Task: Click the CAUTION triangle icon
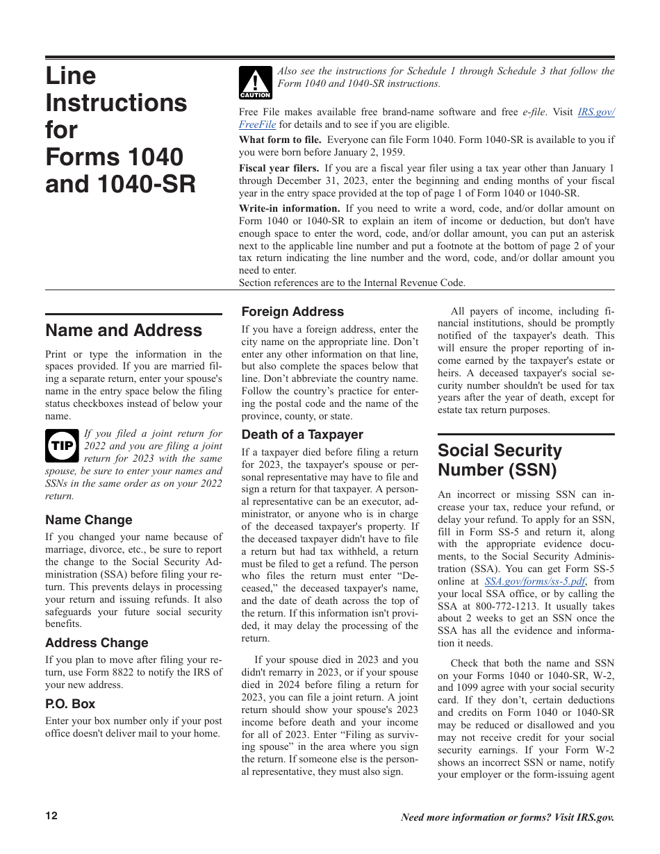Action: (x=255, y=83)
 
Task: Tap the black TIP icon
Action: (x=62, y=446)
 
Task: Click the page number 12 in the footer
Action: (x=52, y=816)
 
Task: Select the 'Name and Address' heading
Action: (x=124, y=330)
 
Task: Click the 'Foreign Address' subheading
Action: (x=292, y=312)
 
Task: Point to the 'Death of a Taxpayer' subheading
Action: (x=302, y=435)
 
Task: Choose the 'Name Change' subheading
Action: (x=88, y=520)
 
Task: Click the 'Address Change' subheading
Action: (x=97, y=643)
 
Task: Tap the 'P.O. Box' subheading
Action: (x=70, y=704)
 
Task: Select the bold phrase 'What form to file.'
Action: (x=280, y=140)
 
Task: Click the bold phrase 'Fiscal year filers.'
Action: (x=279, y=168)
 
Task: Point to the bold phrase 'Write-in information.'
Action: (x=290, y=208)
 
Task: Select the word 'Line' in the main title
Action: (x=71, y=76)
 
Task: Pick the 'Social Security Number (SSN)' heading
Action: (x=500, y=460)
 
